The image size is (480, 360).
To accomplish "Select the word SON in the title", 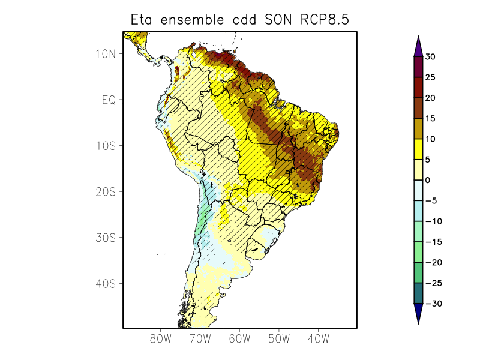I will tap(275, 20).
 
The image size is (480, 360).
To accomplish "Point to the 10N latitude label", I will tap(105, 53).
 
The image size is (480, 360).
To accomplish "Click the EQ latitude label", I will tap(108, 100).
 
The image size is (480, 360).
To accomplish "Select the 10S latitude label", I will tap(105, 146).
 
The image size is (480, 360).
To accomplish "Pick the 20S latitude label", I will tap(105, 191).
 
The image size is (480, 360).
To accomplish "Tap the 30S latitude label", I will tap(105, 238).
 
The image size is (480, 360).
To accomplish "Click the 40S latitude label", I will tap(105, 283).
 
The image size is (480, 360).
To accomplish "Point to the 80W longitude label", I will tap(161, 339).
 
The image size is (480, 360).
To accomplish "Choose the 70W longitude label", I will tap(200, 339).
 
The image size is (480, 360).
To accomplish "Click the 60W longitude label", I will tap(239, 339).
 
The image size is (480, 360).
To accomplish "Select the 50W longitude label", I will tap(279, 339).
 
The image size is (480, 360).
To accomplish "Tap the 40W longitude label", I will tap(318, 339).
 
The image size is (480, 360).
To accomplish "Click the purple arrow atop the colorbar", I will tap(418, 46).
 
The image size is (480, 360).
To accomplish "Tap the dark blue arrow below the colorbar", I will tap(418, 313).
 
